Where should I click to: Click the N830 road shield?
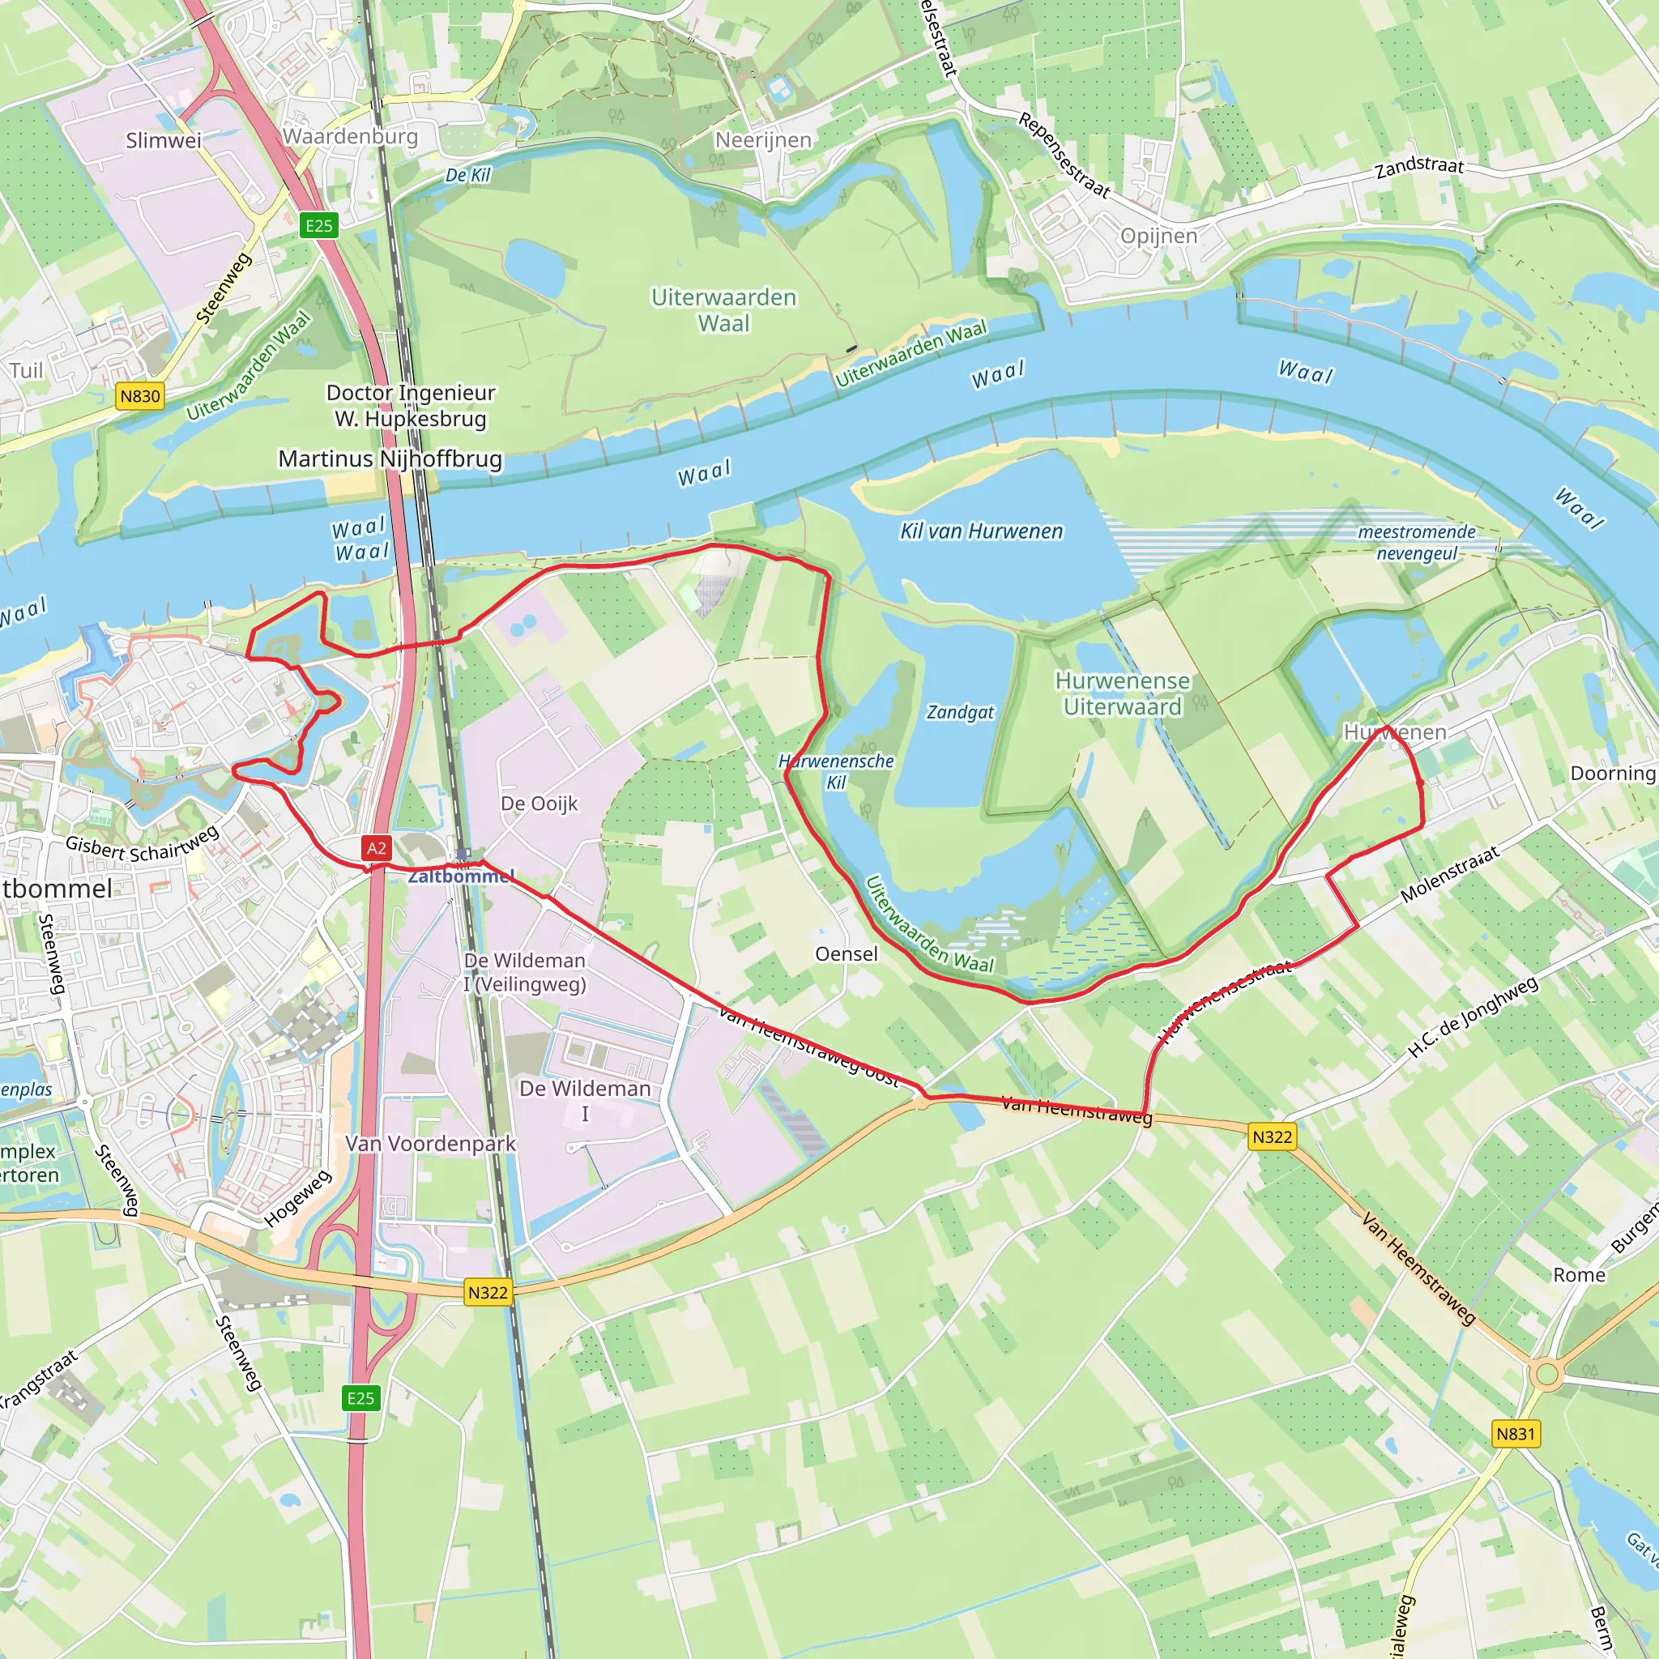coord(140,396)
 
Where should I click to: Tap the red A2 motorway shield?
coord(376,848)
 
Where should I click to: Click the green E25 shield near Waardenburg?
coord(318,226)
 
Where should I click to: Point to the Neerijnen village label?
coord(763,140)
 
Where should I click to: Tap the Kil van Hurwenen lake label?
coord(981,531)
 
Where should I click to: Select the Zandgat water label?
coord(960,712)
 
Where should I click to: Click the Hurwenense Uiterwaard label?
coord(1122,694)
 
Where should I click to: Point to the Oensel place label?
coord(846,954)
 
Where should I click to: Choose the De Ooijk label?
coord(539,804)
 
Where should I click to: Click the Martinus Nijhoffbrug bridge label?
coord(390,458)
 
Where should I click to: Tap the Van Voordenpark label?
coord(430,1144)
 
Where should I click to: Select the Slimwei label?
coord(163,141)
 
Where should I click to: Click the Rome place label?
coord(1579,1275)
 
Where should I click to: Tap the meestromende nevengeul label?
coord(1417,543)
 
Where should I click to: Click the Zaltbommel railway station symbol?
coord(463,855)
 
